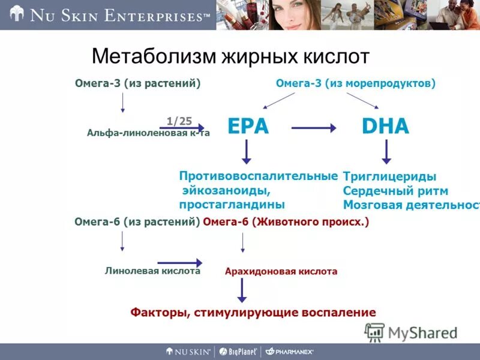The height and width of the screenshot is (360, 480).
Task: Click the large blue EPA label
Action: pos(248,127)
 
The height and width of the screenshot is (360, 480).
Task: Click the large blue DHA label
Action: pos(385,127)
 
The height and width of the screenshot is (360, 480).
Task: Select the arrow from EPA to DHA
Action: pos(314,127)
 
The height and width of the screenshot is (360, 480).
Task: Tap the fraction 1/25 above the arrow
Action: pos(179,121)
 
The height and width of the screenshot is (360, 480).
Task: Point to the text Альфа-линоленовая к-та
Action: pos(148,133)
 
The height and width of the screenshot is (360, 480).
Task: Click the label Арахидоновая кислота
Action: pos(281,271)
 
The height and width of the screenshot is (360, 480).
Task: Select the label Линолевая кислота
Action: pos(152,271)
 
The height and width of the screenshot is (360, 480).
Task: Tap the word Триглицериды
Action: pos(389,176)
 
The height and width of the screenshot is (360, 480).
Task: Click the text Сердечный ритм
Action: pos(395,191)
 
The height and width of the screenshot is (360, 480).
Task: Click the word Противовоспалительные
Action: pos(258,176)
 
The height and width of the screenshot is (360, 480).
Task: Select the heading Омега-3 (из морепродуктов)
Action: pos(355,84)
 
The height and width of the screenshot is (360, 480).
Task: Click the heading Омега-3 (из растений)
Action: pos(137,84)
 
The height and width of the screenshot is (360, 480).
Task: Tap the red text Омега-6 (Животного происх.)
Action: pos(286,222)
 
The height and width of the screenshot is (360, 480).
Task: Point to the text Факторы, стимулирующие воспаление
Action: pos(253,312)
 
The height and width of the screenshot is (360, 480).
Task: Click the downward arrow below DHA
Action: pos(387,152)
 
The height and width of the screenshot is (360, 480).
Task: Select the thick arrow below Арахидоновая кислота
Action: pos(242,290)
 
